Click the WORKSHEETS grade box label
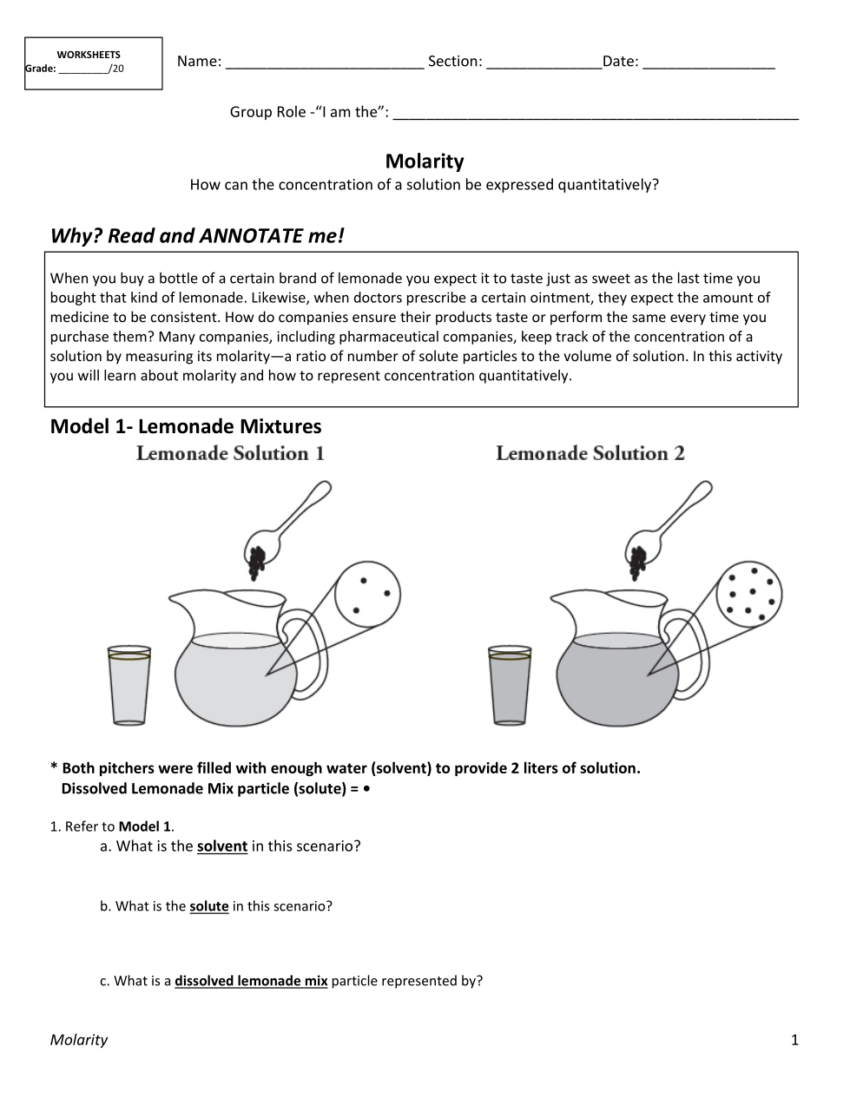coord(89,55)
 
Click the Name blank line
coord(324,63)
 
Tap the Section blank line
coord(544,63)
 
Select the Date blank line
coord(708,63)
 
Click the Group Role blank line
coord(596,114)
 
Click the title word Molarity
coord(425,161)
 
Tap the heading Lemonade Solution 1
coord(230,453)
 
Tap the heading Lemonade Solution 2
coord(590,453)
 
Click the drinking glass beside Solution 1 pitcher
coord(129,685)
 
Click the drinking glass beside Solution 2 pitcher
coord(510,685)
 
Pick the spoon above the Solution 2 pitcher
coord(673,521)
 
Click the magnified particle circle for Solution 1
coord(367,594)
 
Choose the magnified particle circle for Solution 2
coord(749,594)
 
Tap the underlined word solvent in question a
coord(222,846)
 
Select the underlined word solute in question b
coord(209,906)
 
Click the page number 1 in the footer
coord(794,1040)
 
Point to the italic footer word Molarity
coord(79,1040)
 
